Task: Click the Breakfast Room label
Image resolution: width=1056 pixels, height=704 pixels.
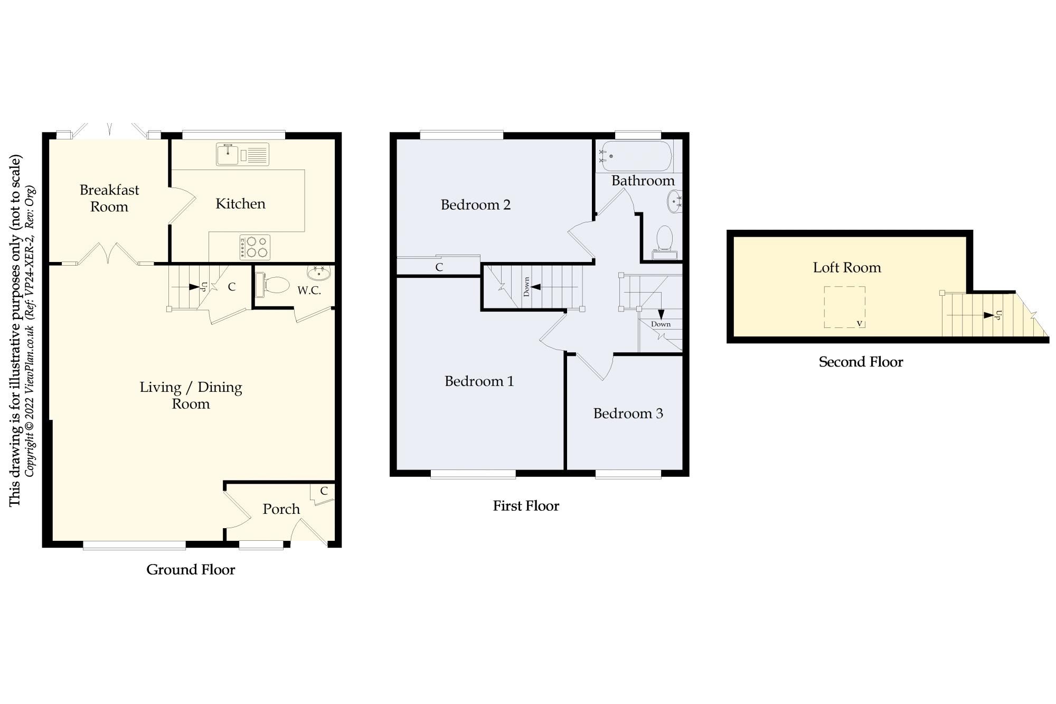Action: point(109,198)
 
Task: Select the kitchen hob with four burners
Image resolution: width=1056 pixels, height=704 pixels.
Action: point(254,247)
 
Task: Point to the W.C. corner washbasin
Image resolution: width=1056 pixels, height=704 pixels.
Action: point(319,273)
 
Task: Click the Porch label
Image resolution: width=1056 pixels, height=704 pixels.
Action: point(281,509)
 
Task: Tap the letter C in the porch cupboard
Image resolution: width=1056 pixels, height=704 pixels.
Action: point(324,491)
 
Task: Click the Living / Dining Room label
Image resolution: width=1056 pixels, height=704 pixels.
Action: point(191,396)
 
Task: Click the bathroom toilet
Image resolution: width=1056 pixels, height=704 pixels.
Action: point(664,241)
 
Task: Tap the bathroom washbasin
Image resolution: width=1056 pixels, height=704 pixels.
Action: point(675,201)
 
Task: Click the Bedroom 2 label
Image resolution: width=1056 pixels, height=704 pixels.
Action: point(476,205)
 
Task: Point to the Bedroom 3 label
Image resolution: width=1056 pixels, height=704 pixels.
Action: point(628,414)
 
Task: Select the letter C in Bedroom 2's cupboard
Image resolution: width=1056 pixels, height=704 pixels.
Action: point(439,267)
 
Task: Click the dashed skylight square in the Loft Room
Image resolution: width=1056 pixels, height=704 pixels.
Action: point(844,307)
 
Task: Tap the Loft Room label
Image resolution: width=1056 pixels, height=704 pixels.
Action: point(847,268)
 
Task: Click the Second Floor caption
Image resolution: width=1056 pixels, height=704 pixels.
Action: point(861,362)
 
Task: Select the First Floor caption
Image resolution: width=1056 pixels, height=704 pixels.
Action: point(526,506)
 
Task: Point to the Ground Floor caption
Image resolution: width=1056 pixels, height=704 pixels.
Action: point(191,570)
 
